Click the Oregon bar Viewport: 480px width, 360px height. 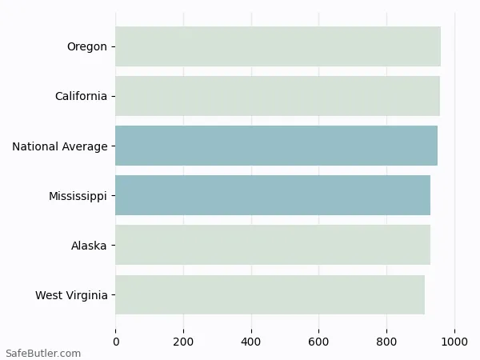[278, 46]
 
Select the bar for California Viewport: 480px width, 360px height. [277, 96]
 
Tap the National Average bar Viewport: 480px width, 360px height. [276, 146]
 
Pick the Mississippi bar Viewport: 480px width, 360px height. [273, 195]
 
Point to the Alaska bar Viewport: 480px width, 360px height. [273, 245]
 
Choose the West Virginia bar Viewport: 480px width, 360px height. [270, 294]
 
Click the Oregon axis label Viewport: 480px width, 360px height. [86, 46]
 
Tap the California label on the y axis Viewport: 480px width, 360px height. [81, 96]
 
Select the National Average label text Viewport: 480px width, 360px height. [59, 146]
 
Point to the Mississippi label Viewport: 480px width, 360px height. [78, 196]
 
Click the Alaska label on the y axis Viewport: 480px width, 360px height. [89, 246]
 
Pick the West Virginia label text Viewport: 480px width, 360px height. [71, 295]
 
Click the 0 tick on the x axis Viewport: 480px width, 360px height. [116, 342]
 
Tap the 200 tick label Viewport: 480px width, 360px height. [183, 342]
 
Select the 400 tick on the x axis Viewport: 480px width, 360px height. [251, 342]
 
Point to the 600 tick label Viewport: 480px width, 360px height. [319, 342]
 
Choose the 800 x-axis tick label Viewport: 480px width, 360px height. [387, 342]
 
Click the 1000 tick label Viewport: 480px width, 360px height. [455, 342]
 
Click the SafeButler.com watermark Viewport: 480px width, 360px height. [43, 353]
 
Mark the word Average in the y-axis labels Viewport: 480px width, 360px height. [85, 146]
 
